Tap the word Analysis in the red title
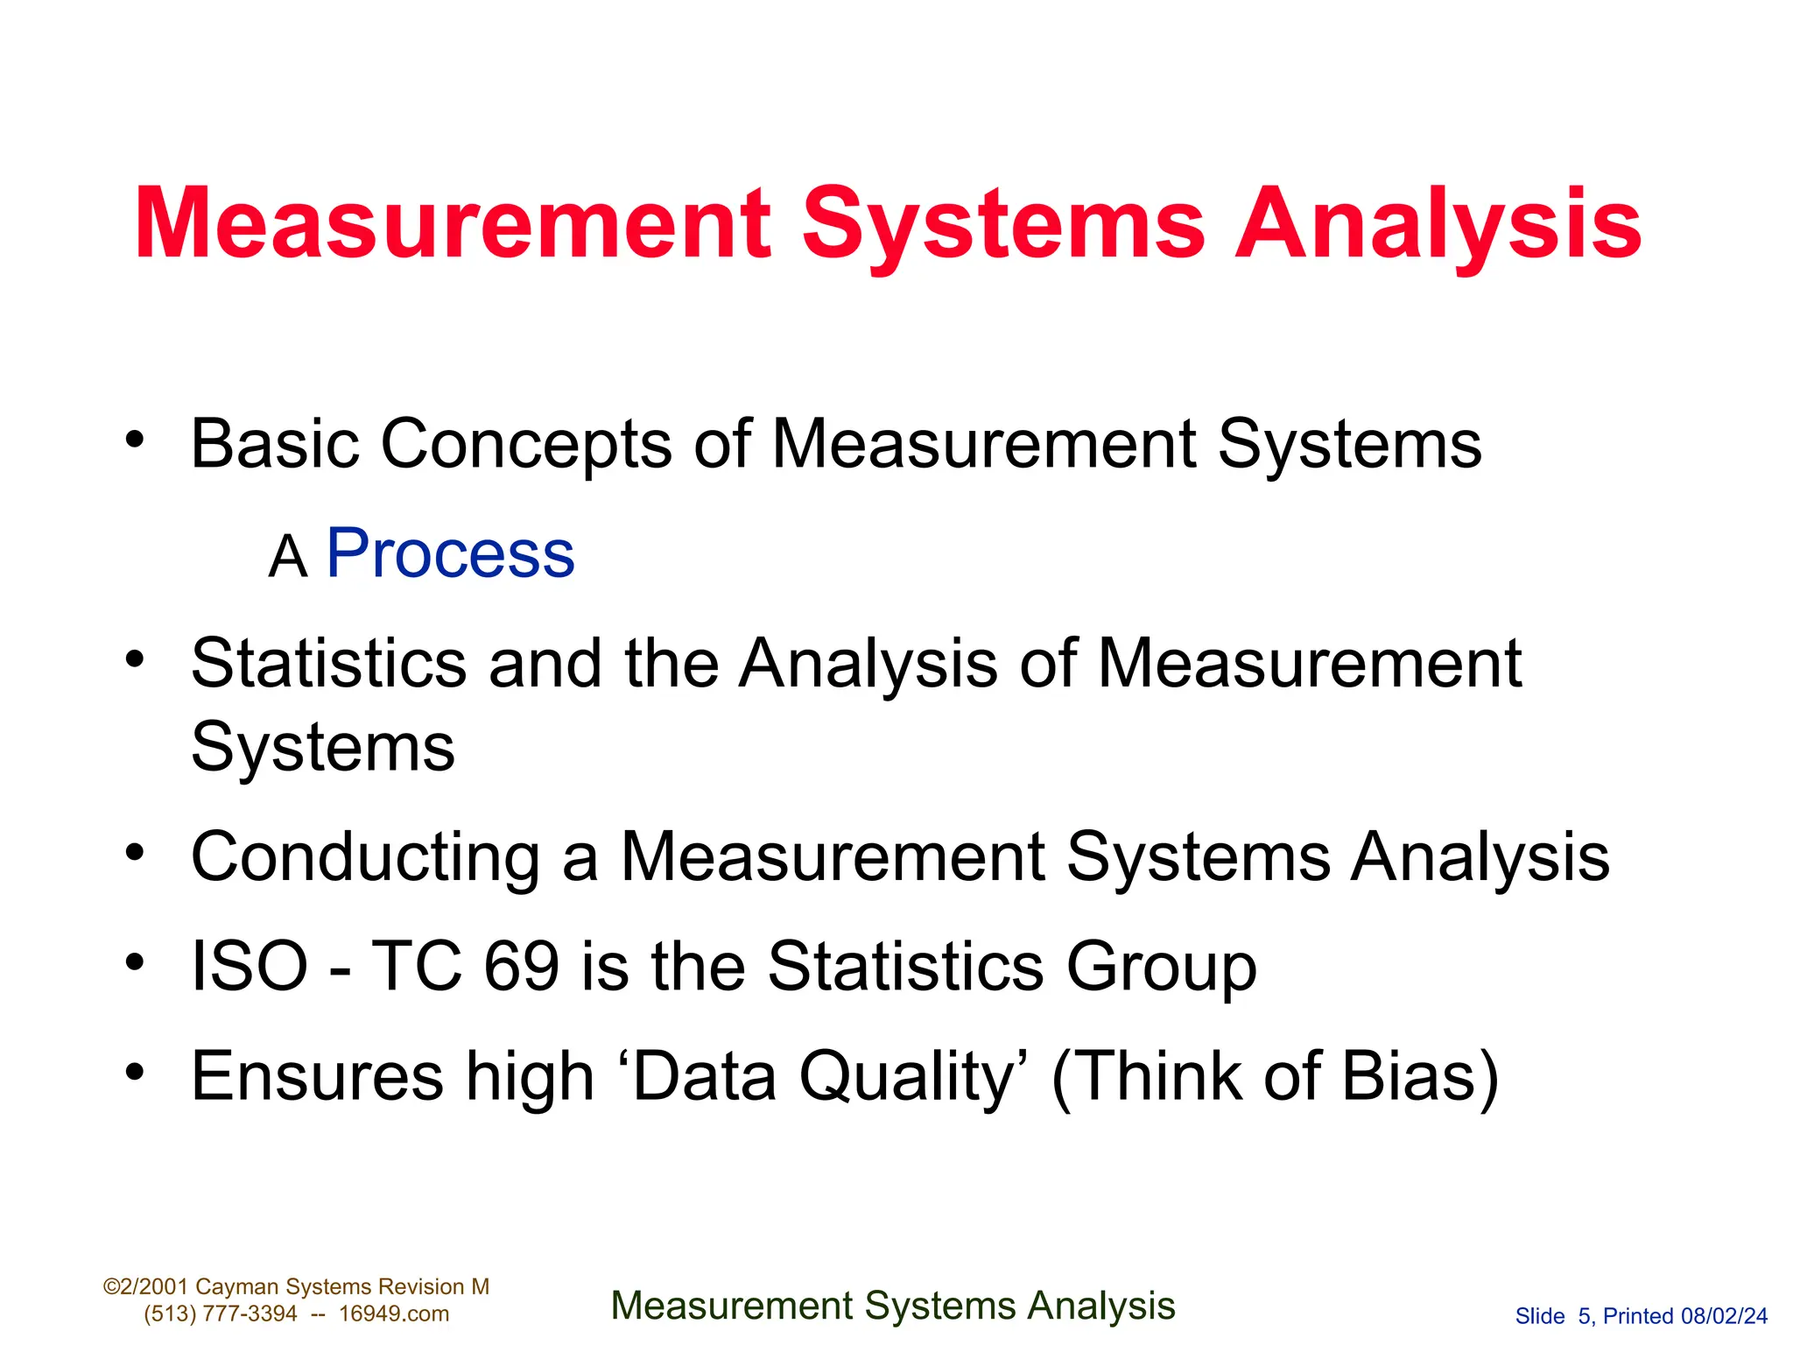coord(1438,226)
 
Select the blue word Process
coord(450,553)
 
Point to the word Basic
coord(275,444)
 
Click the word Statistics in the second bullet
coord(328,663)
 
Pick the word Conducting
coord(365,857)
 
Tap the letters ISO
coord(250,967)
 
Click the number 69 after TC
coord(522,967)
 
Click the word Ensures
coord(317,1076)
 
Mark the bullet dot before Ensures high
coord(134,1072)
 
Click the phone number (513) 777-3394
coord(221,1314)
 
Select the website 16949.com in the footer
coord(394,1314)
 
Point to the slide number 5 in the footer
coord(1584,1316)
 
